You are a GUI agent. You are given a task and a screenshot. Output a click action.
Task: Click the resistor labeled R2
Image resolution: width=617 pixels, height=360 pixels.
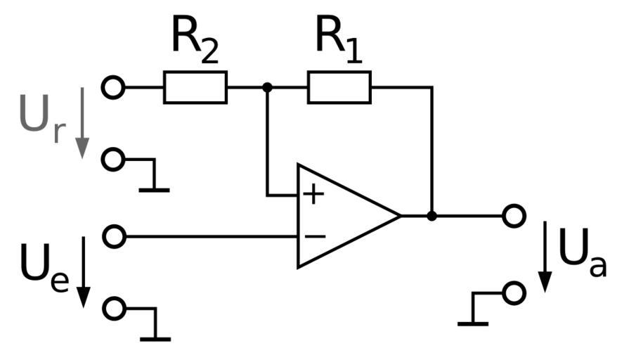coord(195,87)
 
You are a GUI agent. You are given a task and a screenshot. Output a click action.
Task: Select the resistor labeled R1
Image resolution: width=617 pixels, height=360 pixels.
coord(339,87)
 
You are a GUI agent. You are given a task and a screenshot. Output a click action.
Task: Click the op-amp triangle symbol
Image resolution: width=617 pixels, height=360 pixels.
coord(344,216)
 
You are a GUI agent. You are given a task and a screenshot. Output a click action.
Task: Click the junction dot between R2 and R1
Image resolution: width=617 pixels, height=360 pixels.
coord(267,87)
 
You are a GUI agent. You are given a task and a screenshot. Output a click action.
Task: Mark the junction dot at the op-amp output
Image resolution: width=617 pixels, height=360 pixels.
coord(431,216)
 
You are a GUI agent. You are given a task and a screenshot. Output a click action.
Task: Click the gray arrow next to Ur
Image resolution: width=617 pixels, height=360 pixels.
coord(82,122)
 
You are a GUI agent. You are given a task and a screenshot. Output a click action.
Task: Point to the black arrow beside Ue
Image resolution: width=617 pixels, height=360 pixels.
coord(82,271)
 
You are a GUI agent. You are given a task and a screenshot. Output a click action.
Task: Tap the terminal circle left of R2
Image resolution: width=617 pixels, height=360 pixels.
coord(112,87)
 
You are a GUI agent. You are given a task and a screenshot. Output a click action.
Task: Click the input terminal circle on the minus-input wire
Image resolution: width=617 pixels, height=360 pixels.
coord(113,236)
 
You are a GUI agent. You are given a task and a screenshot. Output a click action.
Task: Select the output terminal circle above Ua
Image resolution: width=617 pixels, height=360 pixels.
coord(514,216)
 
